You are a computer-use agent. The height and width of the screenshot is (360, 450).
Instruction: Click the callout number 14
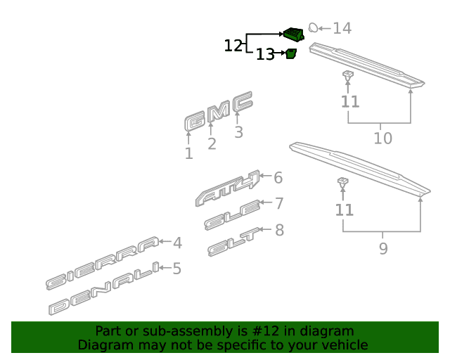click(342, 28)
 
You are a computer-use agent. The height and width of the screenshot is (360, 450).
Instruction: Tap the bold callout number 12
click(233, 46)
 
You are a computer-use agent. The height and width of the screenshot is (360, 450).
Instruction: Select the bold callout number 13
click(265, 54)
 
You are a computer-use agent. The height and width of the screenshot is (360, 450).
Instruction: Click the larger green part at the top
click(294, 34)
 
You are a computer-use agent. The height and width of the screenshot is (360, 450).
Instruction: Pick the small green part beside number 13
click(291, 53)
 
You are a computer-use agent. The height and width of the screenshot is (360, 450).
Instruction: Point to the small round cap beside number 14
click(313, 27)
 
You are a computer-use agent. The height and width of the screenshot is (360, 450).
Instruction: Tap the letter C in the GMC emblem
click(243, 101)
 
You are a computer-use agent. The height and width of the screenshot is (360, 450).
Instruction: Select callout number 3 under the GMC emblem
click(238, 132)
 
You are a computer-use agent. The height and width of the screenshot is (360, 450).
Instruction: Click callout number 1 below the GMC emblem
click(188, 153)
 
